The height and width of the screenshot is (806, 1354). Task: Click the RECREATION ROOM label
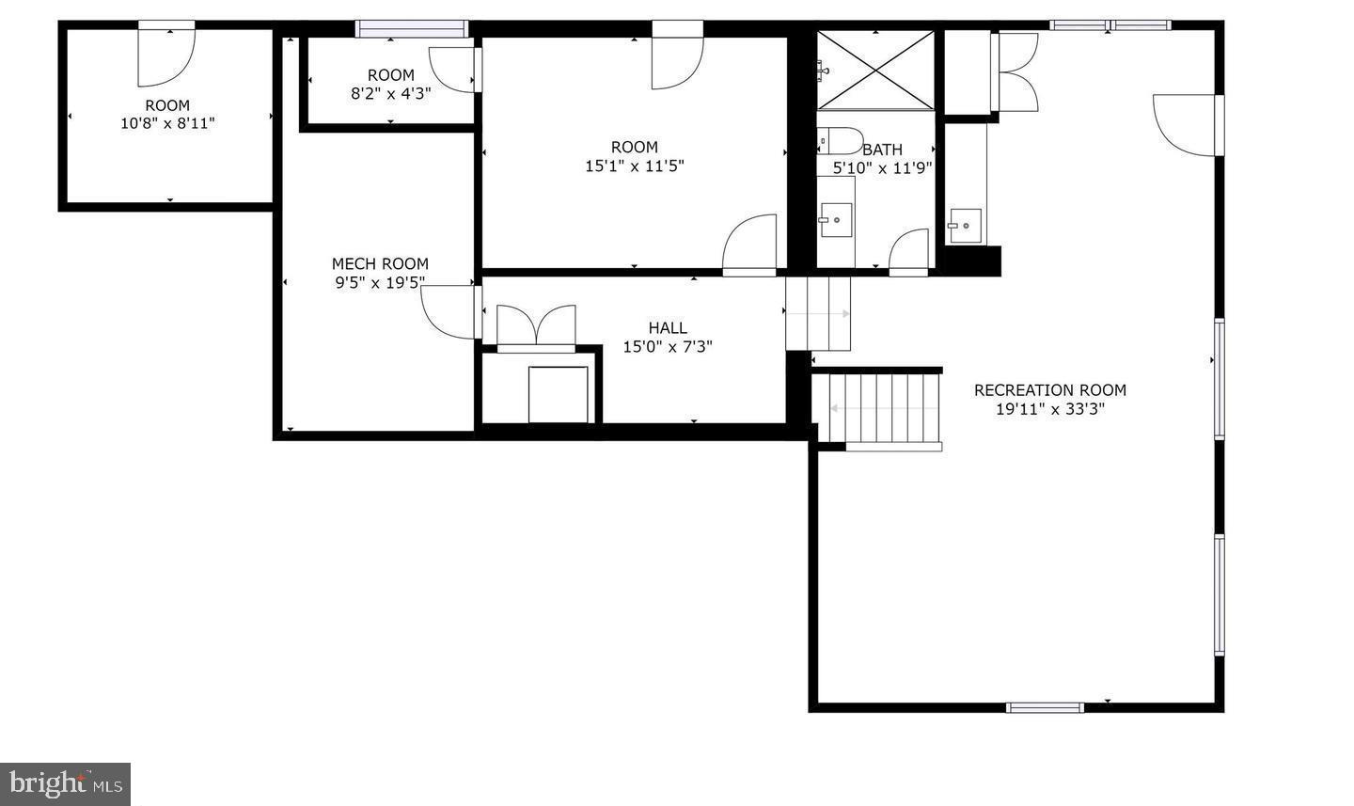coord(1049,390)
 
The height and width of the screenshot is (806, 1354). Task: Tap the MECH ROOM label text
coord(380,264)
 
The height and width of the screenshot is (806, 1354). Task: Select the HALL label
coord(668,328)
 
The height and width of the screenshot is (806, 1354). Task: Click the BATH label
coord(882,150)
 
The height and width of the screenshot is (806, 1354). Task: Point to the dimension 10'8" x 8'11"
coord(167,123)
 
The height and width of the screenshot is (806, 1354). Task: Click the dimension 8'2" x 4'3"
coord(390,93)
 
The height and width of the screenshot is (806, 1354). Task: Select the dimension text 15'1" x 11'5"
coord(635,166)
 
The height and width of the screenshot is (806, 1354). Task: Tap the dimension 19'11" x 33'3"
coord(1049,409)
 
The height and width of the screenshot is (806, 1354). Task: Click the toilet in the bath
coord(839,141)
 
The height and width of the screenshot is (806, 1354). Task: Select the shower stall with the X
coord(875,71)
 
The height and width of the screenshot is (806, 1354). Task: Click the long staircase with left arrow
coord(884,408)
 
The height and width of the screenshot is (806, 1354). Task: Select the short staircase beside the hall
coord(818,313)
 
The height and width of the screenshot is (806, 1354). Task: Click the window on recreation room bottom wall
coord(1045,707)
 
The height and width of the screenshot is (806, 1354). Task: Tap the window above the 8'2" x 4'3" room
coord(412,28)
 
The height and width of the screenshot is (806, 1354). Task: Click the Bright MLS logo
coord(65,783)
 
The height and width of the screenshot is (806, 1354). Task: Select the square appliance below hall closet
coord(558,394)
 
